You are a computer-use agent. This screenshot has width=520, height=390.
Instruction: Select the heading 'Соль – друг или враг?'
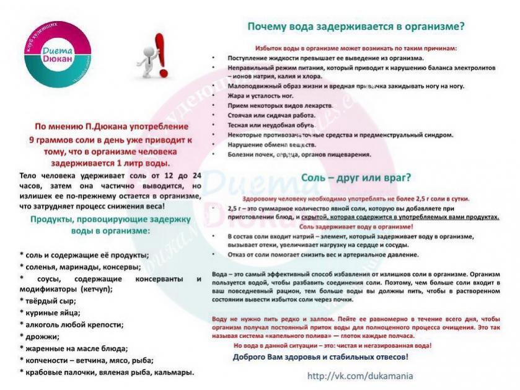click(356, 177)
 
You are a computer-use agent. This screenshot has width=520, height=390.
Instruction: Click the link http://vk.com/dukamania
click(359, 376)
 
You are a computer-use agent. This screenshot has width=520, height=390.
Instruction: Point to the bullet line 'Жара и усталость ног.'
click(261, 96)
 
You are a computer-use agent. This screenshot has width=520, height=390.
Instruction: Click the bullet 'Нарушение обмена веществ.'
click(268, 144)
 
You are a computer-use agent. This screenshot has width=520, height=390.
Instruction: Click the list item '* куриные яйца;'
click(50, 312)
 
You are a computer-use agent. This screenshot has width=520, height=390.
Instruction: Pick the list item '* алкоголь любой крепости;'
click(71, 324)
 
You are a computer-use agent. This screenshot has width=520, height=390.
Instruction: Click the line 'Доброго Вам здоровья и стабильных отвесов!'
click(320, 358)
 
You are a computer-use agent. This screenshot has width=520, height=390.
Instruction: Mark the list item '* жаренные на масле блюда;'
click(74, 348)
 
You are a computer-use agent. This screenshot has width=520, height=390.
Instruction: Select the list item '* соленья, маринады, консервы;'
click(80, 267)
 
